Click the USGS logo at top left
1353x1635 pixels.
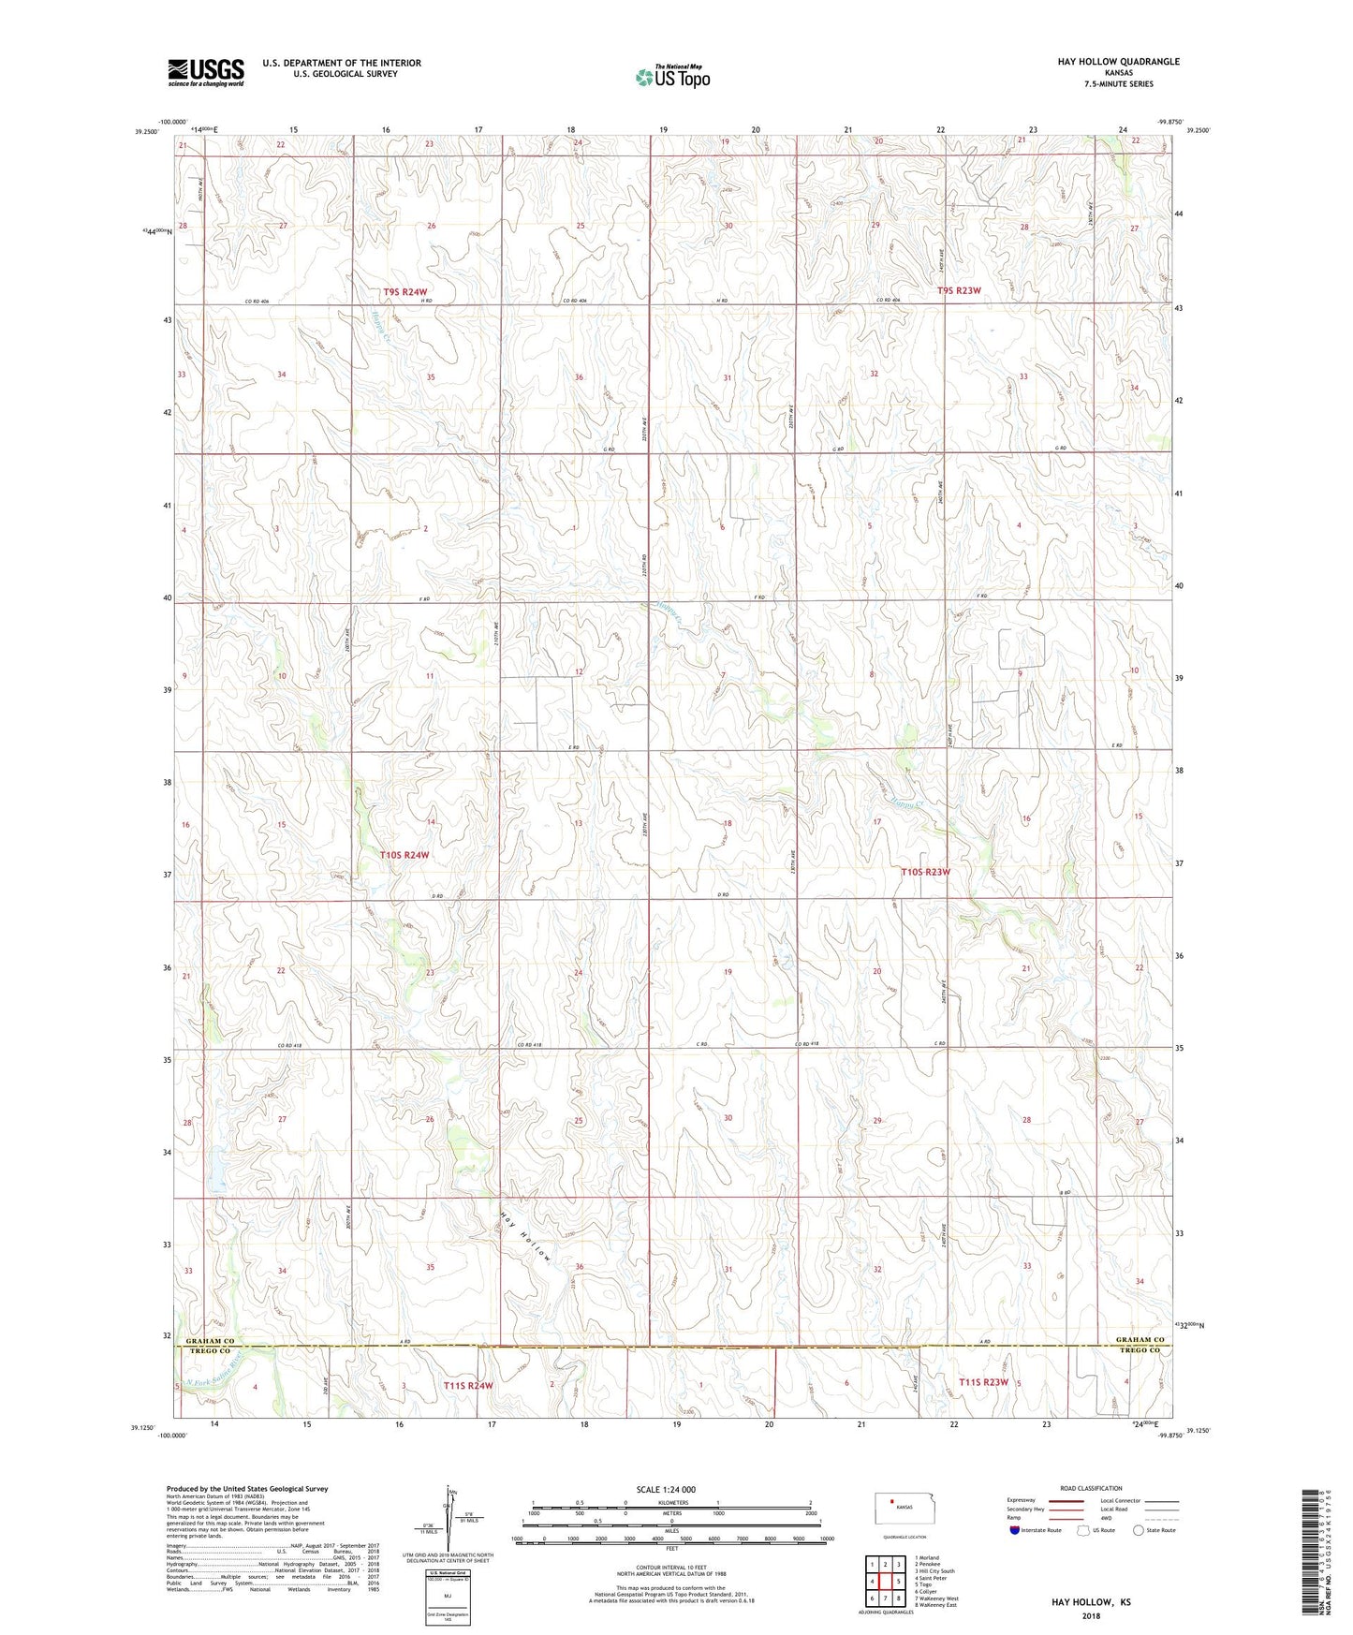click(x=205, y=72)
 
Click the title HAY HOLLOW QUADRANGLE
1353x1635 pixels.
click(x=1105, y=62)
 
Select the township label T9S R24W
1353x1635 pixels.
click(x=404, y=292)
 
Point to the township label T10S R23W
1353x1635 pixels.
click(x=925, y=872)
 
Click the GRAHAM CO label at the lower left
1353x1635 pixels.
click(x=207, y=1341)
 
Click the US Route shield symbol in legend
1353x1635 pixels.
click(x=1084, y=1530)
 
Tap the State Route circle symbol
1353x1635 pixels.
click(x=1138, y=1530)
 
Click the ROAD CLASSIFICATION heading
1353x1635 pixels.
click(x=1090, y=1488)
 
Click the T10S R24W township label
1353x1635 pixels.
click(x=404, y=855)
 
